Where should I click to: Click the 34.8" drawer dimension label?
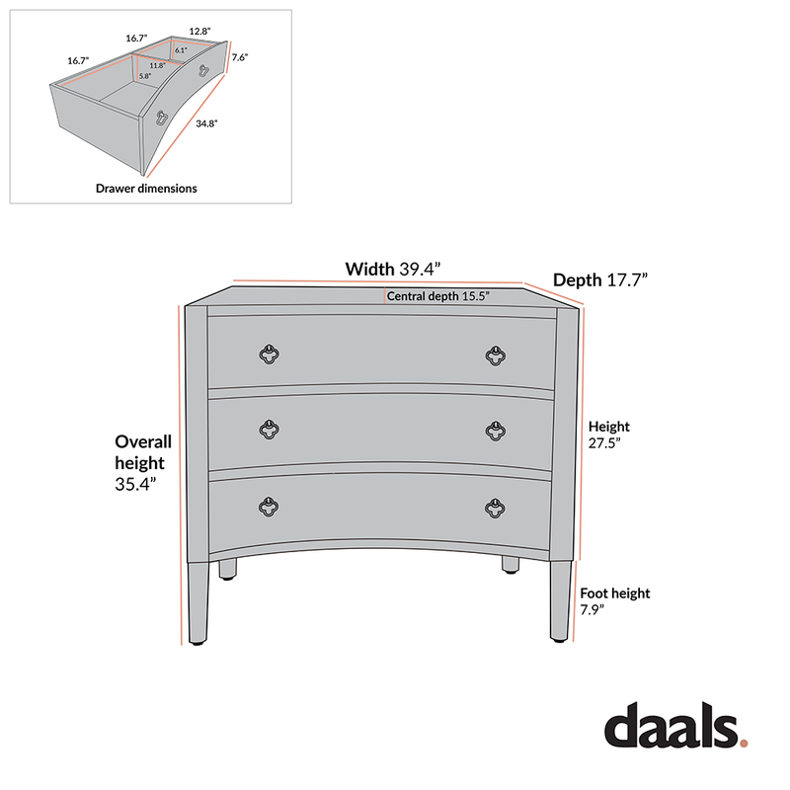pyautogui.click(x=205, y=123)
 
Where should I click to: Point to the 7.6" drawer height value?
pyautogui.click(x=238, y=57)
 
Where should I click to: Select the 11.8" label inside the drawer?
pyautogui.click(x=157, y=65)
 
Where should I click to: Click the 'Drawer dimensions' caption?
pyautogui.click(x=146, y=188)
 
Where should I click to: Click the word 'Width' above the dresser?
pyautogui.click(x=369, y=269)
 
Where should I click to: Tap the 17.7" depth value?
pyautogui.click(x=627, y=280)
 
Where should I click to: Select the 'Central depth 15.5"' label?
pyautogui.click(x=437, y=295)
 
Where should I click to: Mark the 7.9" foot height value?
pyautogui.click(x=592, y=610)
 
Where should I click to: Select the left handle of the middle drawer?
pyautogui.click(x=268, y=430)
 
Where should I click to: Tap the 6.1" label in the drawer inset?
pyautogui.click(x=181, y=49)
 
